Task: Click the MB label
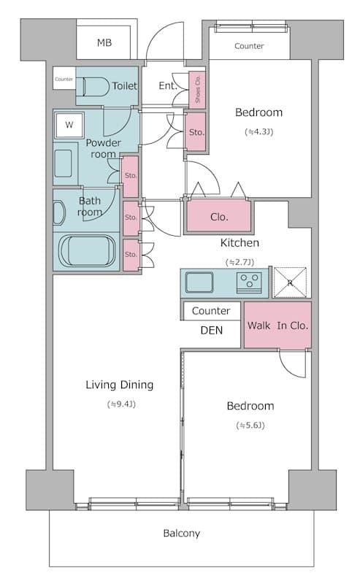click(x=104, y=43)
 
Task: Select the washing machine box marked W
click(x=69, y=125)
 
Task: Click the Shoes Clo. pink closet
click(x=197, y=89)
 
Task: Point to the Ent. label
click(x=168, y=85)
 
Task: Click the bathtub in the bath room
click(x=88, y=250)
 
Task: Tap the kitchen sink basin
click(x=199, y=283)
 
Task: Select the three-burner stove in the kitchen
click(x=249, y=283)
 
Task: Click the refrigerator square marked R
click(x=291, y=283)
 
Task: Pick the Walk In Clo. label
click(x=277, y=326)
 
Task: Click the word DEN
click(x=211, y=331)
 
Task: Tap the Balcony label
click(x=182, y=534)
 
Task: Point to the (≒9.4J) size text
click(x=121, y=404)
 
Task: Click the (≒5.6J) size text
click(x=250, y=426)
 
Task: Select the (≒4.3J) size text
click(x=259, y=132)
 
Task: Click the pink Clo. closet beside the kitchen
click(x=219, y=216)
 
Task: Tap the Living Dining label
click(x=120, y=385)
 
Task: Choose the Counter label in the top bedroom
click(x=249, y=46)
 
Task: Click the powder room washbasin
click(x=64, y=164)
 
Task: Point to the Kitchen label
click(x=240, y=243)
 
